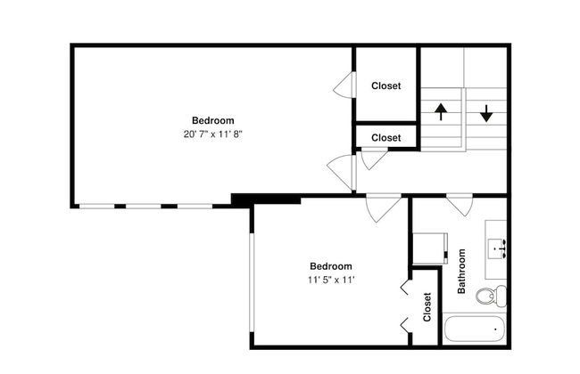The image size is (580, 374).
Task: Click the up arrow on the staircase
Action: tap(441, 111)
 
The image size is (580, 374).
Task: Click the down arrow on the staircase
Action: tap(486, 113)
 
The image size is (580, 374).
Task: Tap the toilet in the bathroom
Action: tap(492, 296)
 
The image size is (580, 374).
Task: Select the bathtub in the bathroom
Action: tap(474, 329)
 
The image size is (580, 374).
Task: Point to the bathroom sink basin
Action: tap(497, 248)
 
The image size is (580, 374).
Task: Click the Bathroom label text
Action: tap(461, 272)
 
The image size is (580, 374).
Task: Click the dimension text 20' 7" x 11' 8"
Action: tap(212, 134)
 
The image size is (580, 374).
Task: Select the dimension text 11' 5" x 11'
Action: tap(331, 280)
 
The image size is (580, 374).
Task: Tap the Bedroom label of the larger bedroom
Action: tap(213, 120)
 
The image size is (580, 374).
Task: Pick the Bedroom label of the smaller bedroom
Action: tap(331, 266)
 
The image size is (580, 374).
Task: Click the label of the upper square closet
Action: tap(385, 85)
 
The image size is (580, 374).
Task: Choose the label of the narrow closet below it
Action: tap(385, 138)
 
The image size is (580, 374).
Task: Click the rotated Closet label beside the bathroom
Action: tap(427, 307)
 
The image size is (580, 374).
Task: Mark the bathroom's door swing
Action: tap(460, 206)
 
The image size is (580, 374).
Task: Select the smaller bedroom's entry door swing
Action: tap(383, 208)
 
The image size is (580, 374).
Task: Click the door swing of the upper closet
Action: tap(344, 85)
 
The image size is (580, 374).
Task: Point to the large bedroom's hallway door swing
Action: tap(341, 173)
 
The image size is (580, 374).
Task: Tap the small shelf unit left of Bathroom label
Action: tap(430, 248)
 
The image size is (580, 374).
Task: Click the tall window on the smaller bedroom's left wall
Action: tap(252, 282)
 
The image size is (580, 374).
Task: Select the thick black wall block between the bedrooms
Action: tap(266, 199)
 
